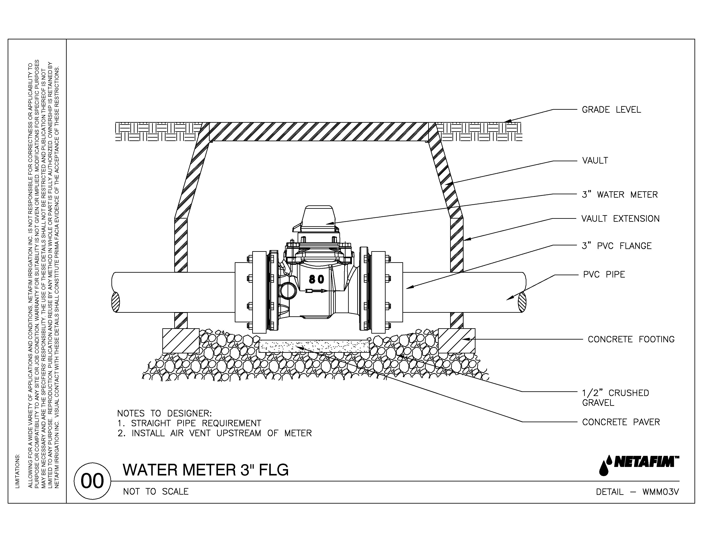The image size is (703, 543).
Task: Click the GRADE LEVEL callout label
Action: pyautogui.click(x=611, y=110)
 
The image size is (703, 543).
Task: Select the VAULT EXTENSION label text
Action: pyautogui.click(x=620, y=219)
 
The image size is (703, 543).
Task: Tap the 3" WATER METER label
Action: pyautogui.click(x=619, y=195)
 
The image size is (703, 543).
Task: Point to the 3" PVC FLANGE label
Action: pyautogui.click(x=616, y=246)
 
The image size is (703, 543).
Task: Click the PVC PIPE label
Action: pyautogui.click(x=604, y=275)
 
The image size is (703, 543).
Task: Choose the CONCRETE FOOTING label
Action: pyautogui.click(x=631, y=339)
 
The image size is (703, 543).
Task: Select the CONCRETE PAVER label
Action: pyautogui.click(x=621, y=422)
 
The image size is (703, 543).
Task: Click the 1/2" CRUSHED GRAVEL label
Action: pyautogui.click(x=615, y=398)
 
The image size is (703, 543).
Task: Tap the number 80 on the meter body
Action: pyautogui.click(x=316, y=279)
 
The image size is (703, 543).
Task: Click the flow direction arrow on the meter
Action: pyautogui.click(x=317, y=291)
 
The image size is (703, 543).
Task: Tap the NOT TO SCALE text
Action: pyautogui.click(x=156, y=491)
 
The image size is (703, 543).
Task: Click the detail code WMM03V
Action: pyautogui.click(x=661, y=492)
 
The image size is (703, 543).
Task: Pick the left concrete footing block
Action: pyautogui.click(x=181, y=341)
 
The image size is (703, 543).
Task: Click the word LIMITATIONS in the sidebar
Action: pyautogui.click(x=17, y=471)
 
